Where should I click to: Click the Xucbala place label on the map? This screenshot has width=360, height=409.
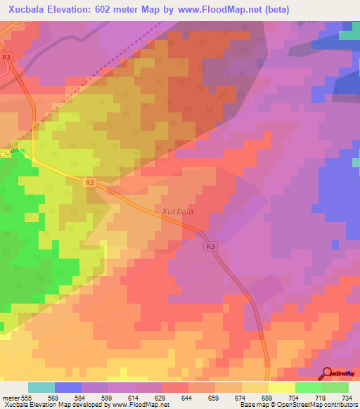click(178, 210)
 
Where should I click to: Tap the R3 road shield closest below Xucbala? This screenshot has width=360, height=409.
click(211, 247)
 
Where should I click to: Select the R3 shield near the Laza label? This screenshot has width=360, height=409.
click(89, 182)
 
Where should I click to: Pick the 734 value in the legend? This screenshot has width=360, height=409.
click(347, 398)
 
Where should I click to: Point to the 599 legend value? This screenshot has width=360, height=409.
click(108, 398)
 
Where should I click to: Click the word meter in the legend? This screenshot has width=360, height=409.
click(11, 398)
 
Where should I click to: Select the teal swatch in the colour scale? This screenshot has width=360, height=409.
click(41, 387)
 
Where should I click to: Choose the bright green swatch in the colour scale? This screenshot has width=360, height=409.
click(308, 387)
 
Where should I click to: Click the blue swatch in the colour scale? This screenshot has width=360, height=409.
click(67, 387)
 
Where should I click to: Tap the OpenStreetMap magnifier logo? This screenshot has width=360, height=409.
click(328, 374)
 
